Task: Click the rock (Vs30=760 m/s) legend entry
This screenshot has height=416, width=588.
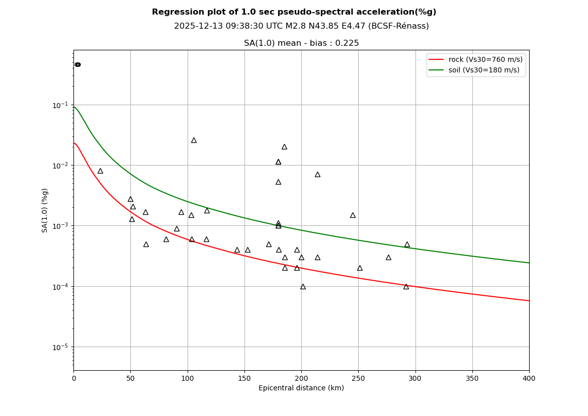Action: coord(485,59)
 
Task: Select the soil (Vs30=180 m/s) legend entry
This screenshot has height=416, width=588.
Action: coord(483,70)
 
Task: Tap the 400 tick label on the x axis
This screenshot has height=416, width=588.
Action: coord(529,378)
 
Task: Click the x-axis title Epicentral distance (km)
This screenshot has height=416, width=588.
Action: coord(301,388)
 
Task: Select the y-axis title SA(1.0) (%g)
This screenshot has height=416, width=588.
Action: coord(45,210)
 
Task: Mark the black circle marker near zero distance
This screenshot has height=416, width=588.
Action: coord(77,64)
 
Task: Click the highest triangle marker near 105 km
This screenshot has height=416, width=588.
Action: coord(194,140)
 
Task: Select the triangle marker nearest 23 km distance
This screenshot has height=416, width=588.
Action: coord(100,171)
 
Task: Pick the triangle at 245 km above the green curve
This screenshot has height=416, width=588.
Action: coord(353,215)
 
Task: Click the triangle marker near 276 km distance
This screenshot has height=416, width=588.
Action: coord(388,258)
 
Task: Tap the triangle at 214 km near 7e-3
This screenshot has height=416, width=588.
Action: coord(317,175)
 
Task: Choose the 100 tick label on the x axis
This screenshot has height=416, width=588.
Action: coord(187,378)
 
